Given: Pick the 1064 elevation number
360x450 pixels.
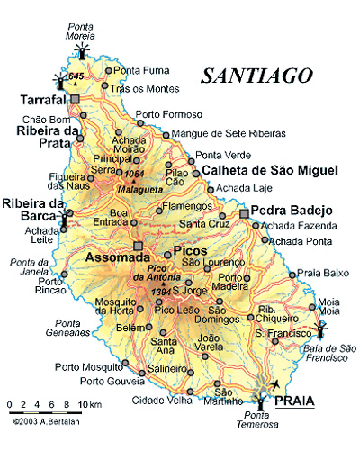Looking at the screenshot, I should (135, 174).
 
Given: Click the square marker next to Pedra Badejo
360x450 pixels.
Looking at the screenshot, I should (243, 213).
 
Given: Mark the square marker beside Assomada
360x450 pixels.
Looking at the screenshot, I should (138, 245).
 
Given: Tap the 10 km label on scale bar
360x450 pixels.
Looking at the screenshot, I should (90, 406).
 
